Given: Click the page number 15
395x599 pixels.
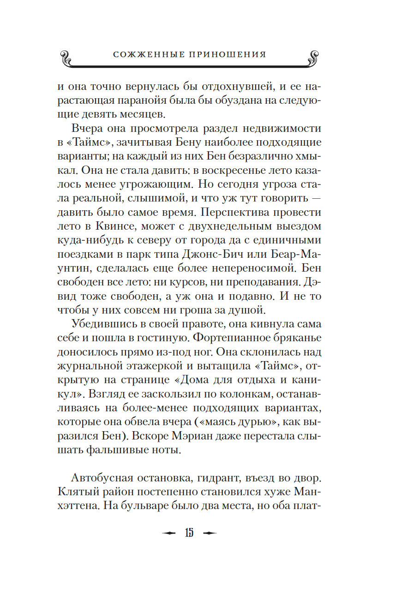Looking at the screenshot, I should [189, 534].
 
